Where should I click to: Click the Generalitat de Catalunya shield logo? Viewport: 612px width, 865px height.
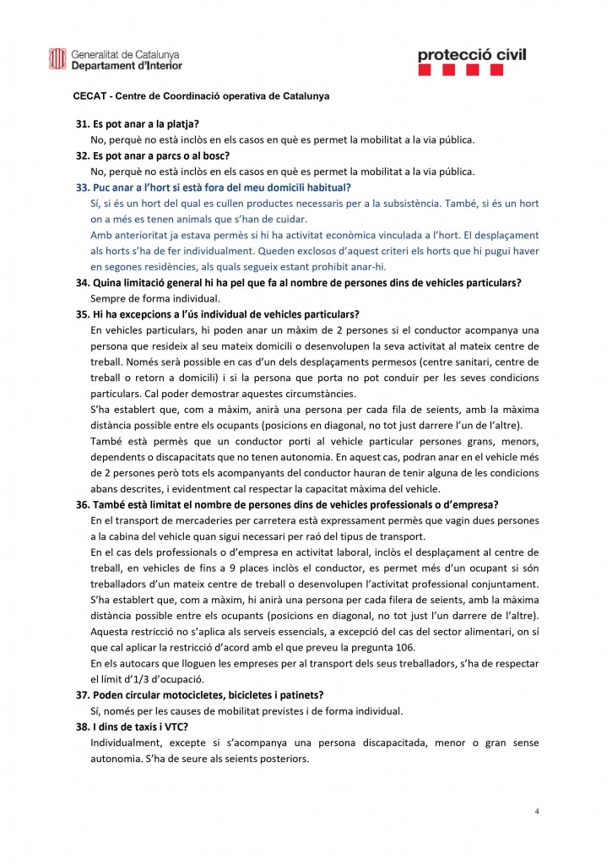57,59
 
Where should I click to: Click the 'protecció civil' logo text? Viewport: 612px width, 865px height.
471,55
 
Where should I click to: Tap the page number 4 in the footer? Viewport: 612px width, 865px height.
537,811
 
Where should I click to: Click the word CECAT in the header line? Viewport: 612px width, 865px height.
91,96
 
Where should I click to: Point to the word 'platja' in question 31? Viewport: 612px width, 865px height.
182,124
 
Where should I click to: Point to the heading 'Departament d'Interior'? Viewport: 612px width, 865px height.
127,65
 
